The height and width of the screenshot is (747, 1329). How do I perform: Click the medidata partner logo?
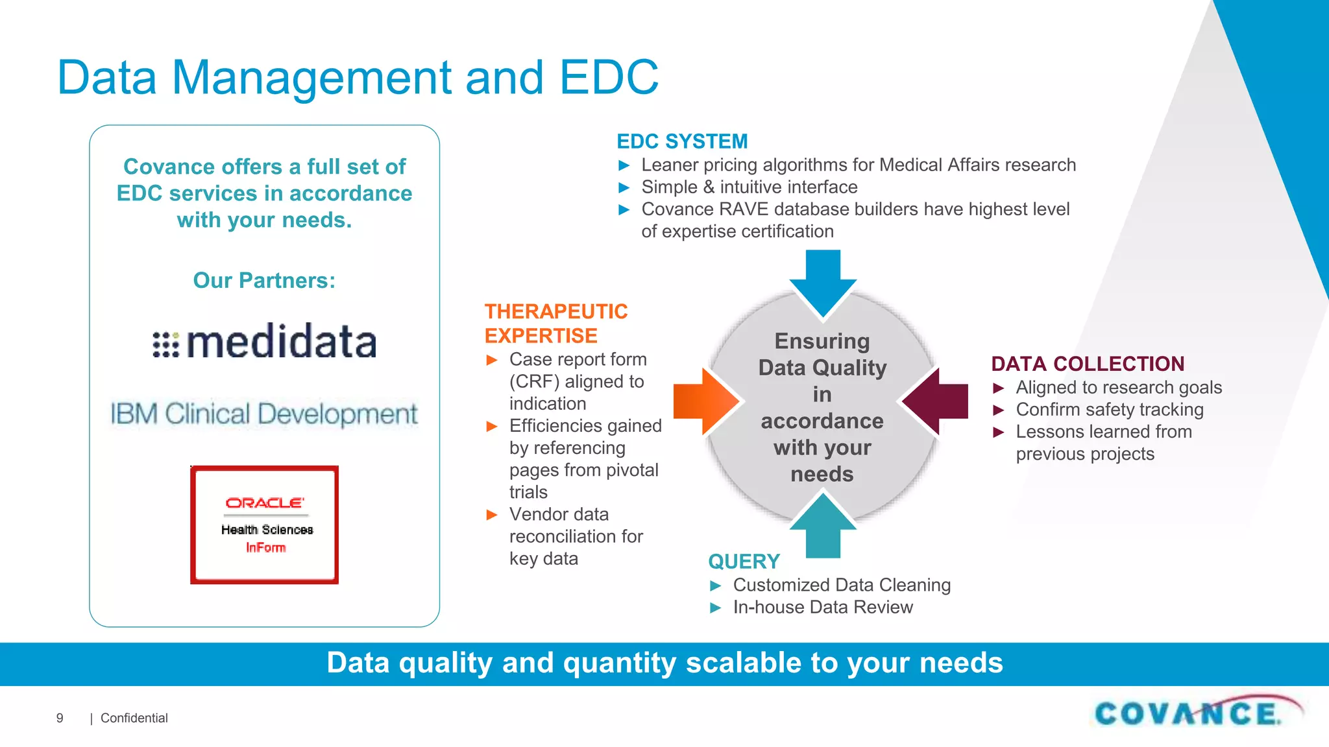264,342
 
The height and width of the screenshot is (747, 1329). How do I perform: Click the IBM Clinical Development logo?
264,414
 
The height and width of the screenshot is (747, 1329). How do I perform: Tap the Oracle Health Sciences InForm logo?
264,525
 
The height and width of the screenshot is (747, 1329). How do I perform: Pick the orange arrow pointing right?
706,401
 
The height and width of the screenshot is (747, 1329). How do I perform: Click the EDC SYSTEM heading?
682,141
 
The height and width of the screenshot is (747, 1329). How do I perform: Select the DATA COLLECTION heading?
1088,364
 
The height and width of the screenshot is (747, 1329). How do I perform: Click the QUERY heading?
744,562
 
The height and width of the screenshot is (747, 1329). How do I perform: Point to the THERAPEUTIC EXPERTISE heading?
555,324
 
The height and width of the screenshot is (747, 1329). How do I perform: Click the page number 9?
60,718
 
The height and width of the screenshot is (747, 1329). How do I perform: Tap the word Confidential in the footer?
134,718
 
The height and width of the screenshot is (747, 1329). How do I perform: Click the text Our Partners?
264,280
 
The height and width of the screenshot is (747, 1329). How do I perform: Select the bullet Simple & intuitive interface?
749,187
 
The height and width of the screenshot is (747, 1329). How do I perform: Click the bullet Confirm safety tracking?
1109,410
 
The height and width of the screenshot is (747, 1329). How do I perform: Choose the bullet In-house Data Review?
822,608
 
